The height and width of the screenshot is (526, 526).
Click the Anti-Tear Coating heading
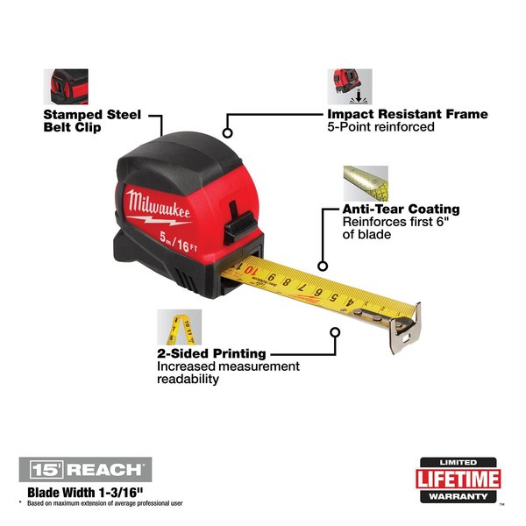tap(402, 210)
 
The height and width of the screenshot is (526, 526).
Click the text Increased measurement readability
tap(228, 373)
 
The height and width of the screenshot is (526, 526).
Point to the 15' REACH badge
tap(84, 468)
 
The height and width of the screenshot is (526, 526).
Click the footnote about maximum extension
tap(106, 503)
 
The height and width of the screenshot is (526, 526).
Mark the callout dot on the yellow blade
tap(323, 266)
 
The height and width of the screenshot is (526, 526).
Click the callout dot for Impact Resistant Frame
tap(228, 133)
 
